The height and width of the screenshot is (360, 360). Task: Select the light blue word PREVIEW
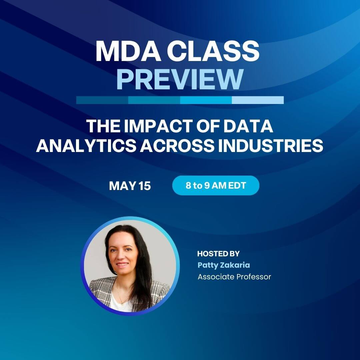tap(179, 79)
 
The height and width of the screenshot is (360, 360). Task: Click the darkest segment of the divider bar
tap(102, 100)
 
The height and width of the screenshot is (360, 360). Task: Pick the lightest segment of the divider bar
tap(258, 100)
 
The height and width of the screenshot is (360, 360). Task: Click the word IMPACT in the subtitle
tap(152, 127)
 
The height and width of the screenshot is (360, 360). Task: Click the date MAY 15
tap(130, 186)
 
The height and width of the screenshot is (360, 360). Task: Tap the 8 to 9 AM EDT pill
tap(216, 186)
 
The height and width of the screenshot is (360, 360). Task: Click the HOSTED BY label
tap(218, 254)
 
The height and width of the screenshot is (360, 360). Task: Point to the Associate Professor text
tap(234, 277)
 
